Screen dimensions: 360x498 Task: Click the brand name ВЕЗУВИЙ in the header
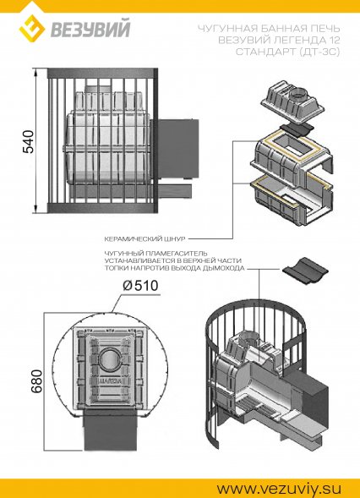coord(90,30)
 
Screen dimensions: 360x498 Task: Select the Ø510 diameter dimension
coord(140,286)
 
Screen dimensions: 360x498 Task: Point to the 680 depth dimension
coord(36,381)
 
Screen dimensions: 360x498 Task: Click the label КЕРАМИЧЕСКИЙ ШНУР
coord(145,238)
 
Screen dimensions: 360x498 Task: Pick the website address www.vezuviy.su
coord(279,488)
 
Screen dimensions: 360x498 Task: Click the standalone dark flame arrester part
coord(304,271)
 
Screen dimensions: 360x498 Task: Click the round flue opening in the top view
coord(110,358)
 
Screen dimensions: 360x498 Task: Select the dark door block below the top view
coord(109,429)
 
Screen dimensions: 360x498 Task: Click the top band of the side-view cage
coord(102,73)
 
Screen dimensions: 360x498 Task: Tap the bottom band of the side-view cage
coord(102,208)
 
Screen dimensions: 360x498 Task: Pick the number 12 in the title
coord(333,40)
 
